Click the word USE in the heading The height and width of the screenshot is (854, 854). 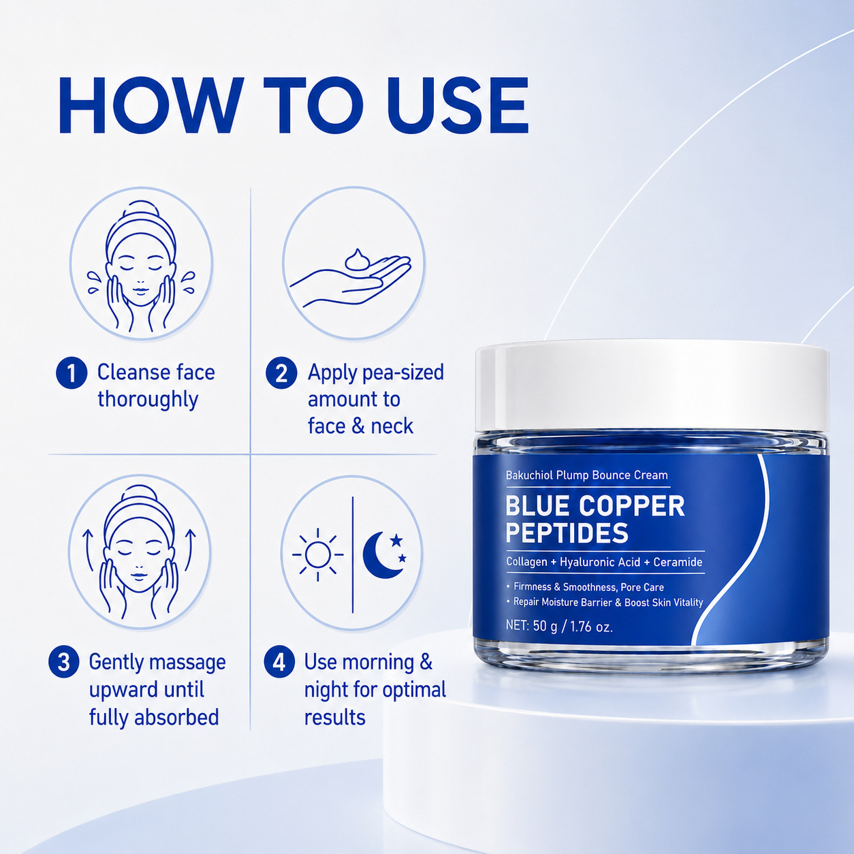pos(458,106)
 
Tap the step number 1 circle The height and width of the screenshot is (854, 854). pos(72,373)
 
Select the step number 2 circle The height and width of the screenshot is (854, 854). pos(281,373)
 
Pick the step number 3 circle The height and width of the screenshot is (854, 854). pos(64,662)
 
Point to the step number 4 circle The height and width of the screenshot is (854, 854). pos(279,662)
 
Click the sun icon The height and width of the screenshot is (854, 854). pos(317,554)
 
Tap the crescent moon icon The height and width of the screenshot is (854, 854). pos(384,554)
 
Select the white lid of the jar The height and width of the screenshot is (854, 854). pos(652,386)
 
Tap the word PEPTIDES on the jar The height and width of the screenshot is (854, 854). pos(567,533)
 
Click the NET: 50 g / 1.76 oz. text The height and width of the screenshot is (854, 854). pos(559,627)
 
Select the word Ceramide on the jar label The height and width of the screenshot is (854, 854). pos(678,562)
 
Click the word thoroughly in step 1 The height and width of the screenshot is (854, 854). pos(148,400)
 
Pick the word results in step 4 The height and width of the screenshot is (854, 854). pos(334,718)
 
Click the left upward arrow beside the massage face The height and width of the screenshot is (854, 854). pos(88,550)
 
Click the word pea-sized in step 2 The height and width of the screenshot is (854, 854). pos(403,373)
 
